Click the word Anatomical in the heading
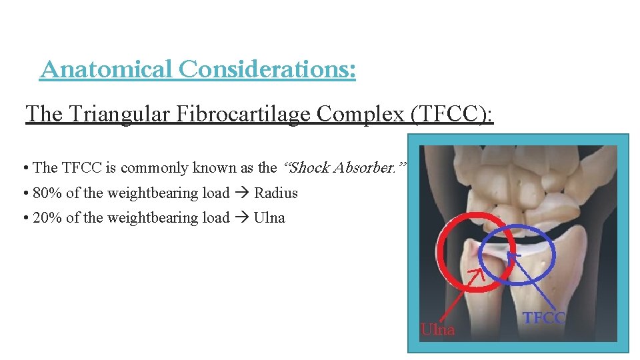(106, 69)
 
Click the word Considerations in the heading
(267, 69)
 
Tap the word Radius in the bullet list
(276, 193)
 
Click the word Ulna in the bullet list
(269, 218)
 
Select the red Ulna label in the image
(437, 329)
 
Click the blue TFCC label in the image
(544, 318)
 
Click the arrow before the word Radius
(241, 193)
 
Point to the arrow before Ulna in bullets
(241, 218)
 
